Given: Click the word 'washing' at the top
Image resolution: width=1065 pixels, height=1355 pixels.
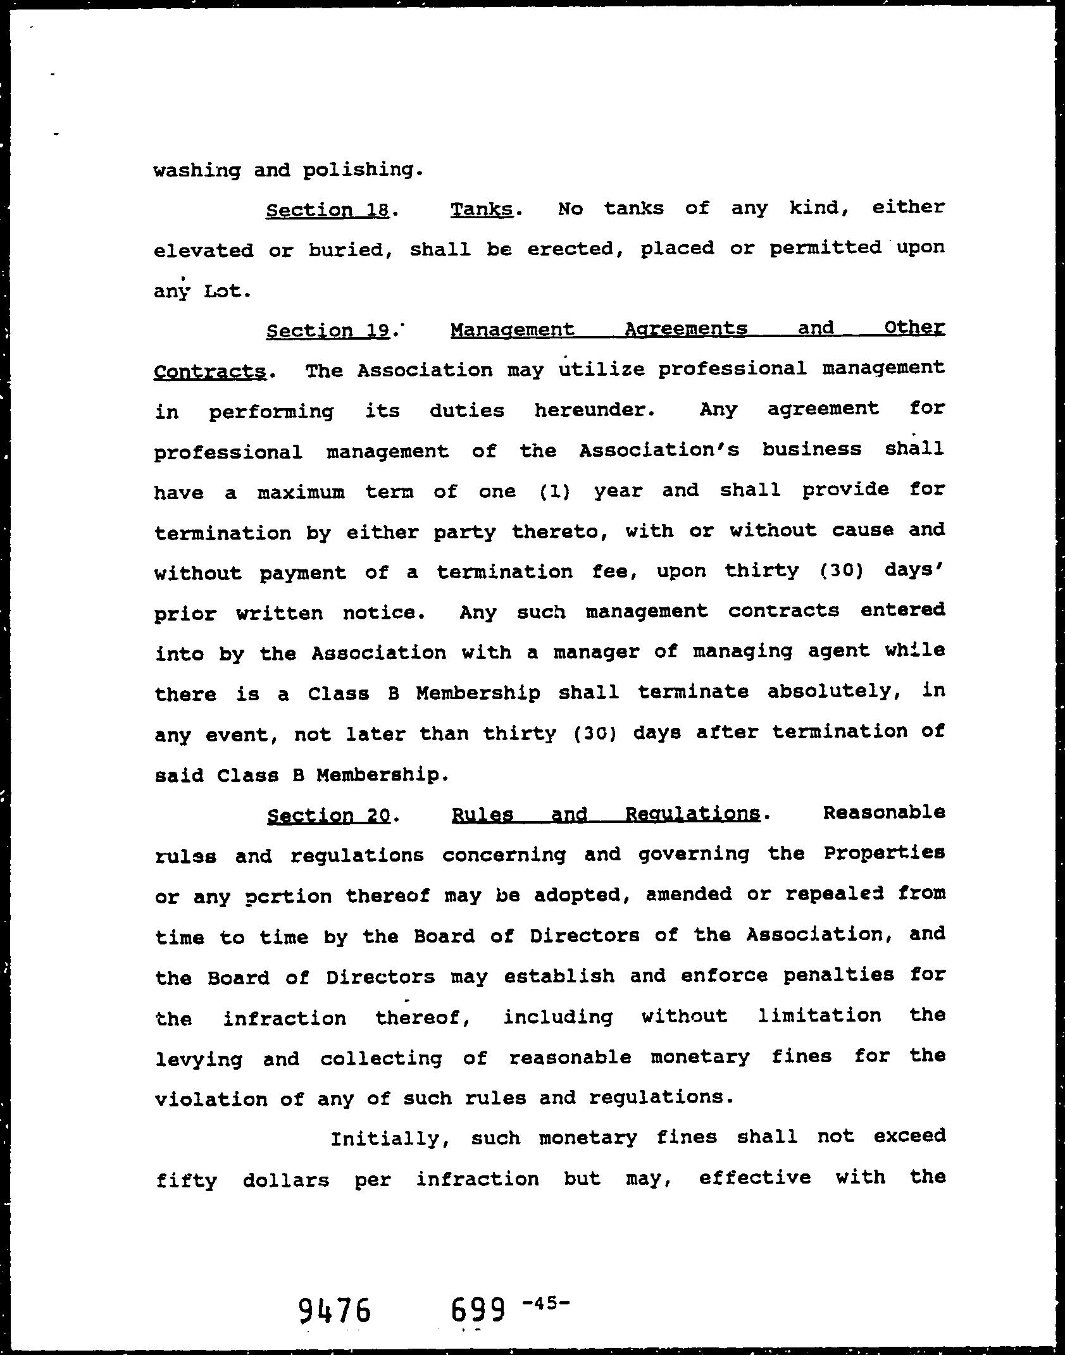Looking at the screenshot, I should tap(197, 171).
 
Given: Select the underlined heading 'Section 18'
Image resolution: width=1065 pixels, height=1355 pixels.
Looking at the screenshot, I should tap(327, 210).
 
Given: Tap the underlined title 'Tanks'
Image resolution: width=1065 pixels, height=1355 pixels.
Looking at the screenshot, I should tap(482, 209).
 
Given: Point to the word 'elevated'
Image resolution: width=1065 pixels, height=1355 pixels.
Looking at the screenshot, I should tap(202, 251).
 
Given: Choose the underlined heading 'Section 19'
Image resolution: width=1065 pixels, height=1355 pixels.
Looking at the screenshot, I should tap(327, 331).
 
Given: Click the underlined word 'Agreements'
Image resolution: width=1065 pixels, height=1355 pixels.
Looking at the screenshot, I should tap(686, 329).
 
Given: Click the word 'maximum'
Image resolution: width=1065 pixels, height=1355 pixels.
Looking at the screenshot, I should tap(301, 492).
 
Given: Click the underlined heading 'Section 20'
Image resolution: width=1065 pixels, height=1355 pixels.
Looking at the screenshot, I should tap(328, 815).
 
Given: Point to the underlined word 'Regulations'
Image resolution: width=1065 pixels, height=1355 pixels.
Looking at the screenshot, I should tap(692, 814).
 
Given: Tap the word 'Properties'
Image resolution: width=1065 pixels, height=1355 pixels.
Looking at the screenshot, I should tap(884, 853).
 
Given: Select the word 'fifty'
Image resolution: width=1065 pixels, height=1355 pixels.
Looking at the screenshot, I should tap(187, 1180).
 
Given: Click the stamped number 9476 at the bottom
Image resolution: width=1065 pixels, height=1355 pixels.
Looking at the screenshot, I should tap(334, 1309).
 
